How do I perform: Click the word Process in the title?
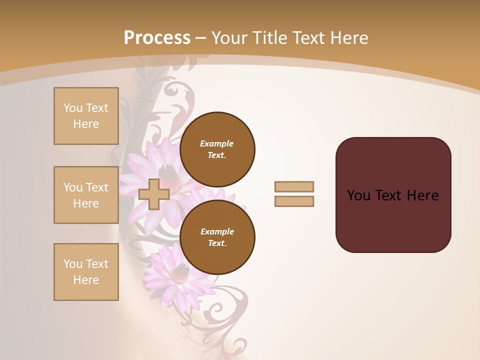tap(157, 38)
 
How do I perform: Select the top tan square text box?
tap(86, 116)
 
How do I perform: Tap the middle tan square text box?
tap(86, 195)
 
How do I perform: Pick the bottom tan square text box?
tap(86, 272)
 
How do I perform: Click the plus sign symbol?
tap(153, 194)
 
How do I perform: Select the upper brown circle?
tap(217, 149)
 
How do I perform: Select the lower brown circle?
tap(217, 237)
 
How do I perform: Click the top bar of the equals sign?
tap(294, 186)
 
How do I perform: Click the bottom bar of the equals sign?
tap(294, 201)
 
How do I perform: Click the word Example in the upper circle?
tap(216, 143)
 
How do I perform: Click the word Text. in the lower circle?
tap(217, 243)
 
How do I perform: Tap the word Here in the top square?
tap(86, 124)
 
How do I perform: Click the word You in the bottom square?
tap(73, 264)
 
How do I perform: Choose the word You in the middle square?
tap(73, 187)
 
